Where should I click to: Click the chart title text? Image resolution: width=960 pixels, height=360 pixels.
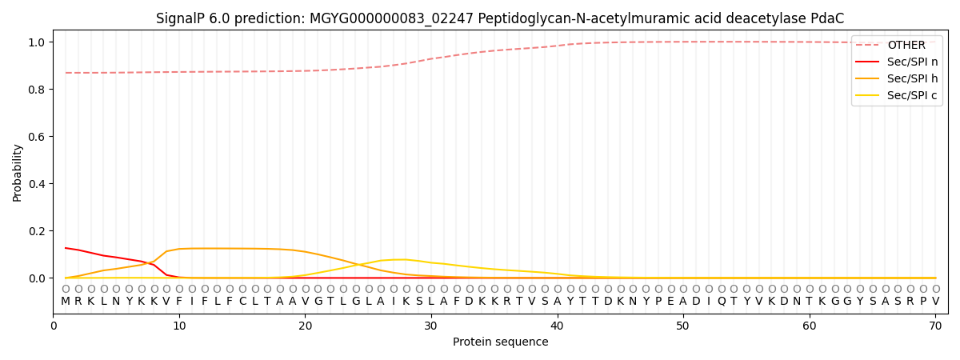(499, 18)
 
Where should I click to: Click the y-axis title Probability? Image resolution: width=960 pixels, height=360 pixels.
(18, 172)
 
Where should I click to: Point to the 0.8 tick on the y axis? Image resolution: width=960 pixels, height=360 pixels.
(38, 90)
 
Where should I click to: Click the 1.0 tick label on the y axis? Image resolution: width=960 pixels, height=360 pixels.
(38, 42)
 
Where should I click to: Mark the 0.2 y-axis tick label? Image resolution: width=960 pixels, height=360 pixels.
(38, 231)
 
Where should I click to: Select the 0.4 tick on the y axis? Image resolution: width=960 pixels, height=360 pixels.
(38, 184)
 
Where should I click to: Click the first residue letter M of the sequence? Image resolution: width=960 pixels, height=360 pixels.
(66, 302)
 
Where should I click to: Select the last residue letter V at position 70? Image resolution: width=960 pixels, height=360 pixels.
(935, 302)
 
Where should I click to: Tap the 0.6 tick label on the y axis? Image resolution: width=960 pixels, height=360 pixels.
(38, 137)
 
